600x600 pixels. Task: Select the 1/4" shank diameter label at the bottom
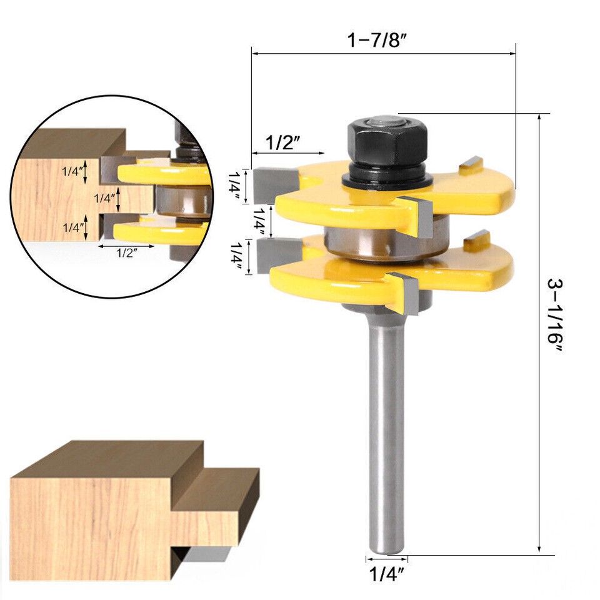click(386, 572)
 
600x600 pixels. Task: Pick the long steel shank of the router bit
click(386, 437)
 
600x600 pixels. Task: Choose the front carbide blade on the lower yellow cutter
click(406, 293)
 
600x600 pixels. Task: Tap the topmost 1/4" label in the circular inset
click(74, 171)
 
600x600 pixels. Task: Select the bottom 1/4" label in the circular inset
click(74, 228)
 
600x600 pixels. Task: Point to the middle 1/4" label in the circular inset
click(104, 199)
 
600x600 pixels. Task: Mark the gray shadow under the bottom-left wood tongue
click(203, 553)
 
